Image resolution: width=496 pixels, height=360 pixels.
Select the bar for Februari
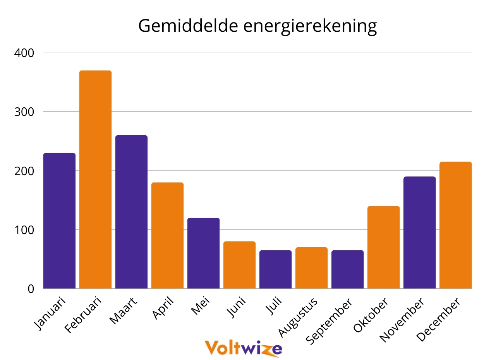95,179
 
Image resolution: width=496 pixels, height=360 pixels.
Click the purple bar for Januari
59,221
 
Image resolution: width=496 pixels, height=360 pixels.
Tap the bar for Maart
131,212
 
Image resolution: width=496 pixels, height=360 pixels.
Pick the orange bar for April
167,236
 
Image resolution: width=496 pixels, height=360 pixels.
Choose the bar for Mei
203,253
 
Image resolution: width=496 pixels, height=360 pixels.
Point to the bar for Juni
239,265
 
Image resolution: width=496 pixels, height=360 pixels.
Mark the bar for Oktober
383,247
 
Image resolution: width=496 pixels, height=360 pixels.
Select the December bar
455,225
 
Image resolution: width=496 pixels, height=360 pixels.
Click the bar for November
419,233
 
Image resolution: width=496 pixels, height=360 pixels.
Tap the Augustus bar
311,268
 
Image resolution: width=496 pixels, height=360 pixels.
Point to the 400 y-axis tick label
24,53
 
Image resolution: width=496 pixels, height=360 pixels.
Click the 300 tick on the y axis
24,112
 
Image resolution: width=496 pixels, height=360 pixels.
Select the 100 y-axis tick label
24,230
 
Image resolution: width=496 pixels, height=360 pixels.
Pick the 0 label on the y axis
31,289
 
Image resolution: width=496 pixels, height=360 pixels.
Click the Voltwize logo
243,348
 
